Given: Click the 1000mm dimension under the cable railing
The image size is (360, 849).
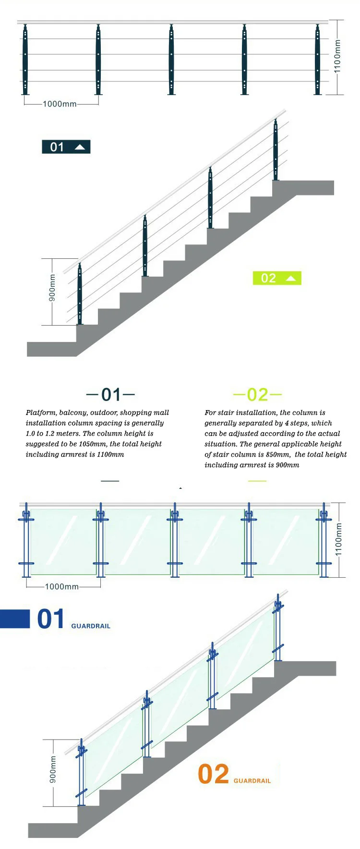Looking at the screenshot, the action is (x=60, y=104).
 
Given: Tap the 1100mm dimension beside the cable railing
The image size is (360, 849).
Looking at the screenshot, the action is (x=337, y=57).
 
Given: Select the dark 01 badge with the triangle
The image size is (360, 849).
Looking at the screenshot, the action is (x=66, y=147).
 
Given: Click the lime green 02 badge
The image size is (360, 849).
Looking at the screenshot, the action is (x=277, y=278).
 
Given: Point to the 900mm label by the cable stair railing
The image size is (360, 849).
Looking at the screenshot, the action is (x=52, y=288).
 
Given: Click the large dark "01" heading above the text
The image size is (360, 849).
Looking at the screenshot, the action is (x=111, y=395).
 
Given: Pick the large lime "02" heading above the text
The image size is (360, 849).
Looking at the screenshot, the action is (x=257, y=395).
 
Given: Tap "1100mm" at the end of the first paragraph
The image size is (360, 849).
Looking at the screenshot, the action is (x=110, y=454).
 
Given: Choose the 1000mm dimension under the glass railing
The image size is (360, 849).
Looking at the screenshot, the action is (x=61, y=586).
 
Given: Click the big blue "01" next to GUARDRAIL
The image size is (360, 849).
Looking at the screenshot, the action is (x=50, y=619).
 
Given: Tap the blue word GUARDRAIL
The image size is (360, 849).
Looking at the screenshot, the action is (x=91, y=626).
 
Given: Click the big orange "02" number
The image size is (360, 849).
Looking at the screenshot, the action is (x=214, y=774).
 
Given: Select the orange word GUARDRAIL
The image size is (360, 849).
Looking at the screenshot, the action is (x=252, y=781).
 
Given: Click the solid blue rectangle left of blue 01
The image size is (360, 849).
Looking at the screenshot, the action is (x=15, y=619).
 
